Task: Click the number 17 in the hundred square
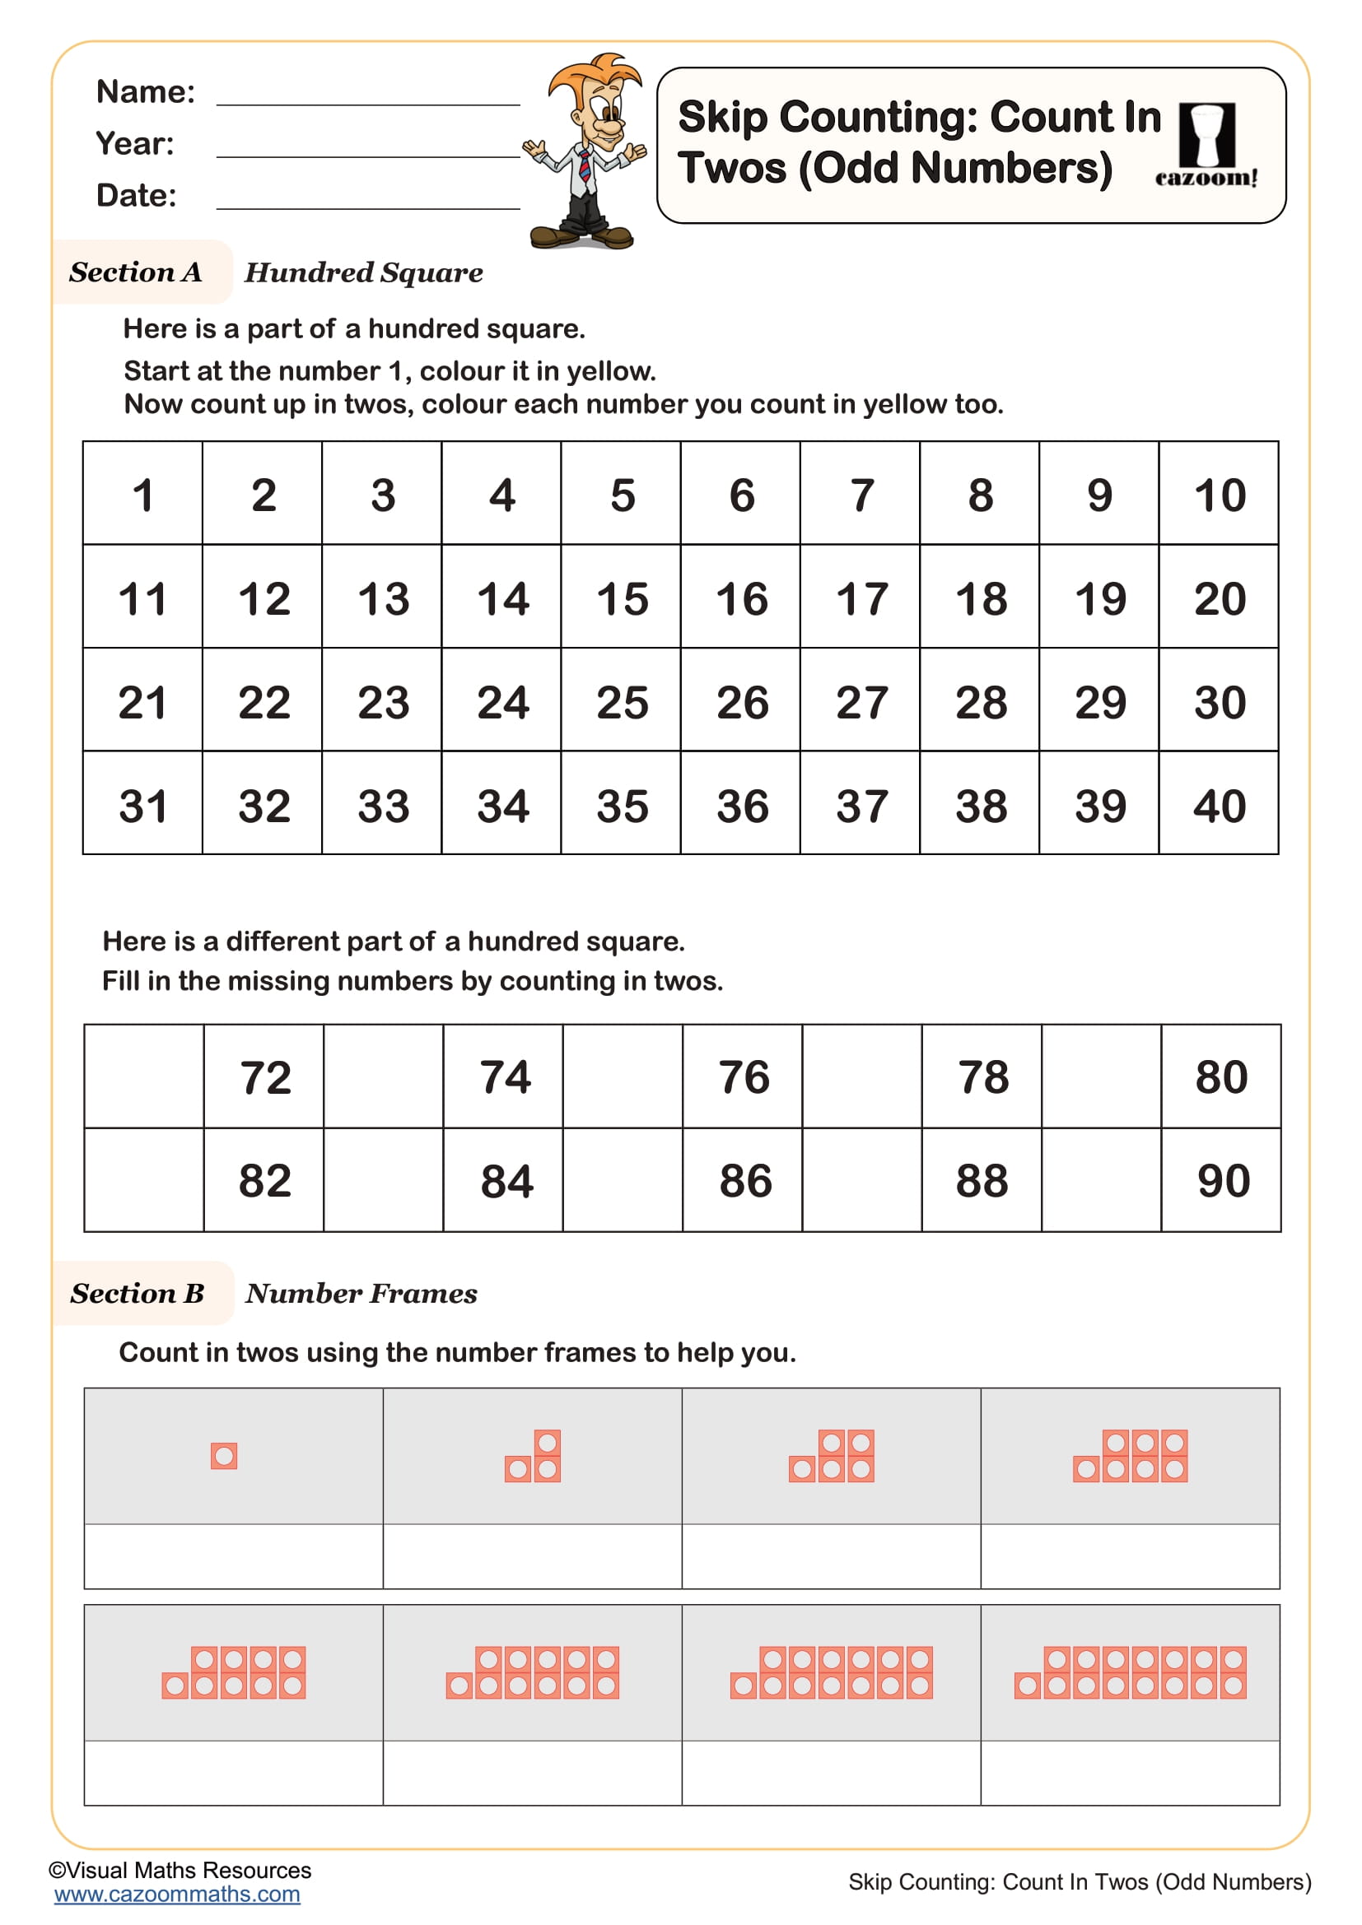(x=861, y=598)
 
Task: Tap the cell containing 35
(x=622, y=806)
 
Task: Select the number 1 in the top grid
(x=142, y=495)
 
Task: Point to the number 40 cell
(x=1219, y=806)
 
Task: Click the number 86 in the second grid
(x=744, y=1181)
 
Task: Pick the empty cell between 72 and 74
(x=383, y=1076)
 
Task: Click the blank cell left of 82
(x=143, y=1181)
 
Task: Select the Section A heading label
(x=136, y=272)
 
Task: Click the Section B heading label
(x=138, y=1294)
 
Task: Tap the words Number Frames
(x=361, y=1294)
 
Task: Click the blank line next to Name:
(x=368, y=96)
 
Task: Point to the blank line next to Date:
(x=368, y=199)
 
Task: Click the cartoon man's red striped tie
(x=585, y=166)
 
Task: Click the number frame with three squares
(x=533, y=1457)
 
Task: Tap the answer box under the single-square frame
(x=233, y=1556)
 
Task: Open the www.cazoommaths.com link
(x=177, y=1894)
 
